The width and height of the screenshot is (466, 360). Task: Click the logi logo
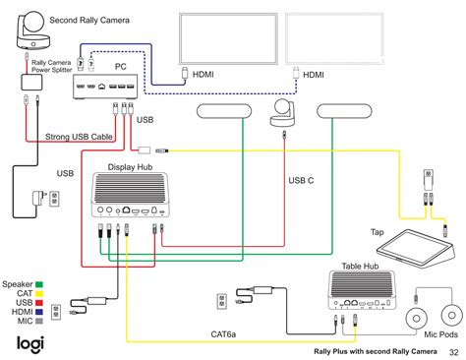tap(29, 342)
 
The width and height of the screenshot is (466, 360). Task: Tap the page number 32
tap(453, 351)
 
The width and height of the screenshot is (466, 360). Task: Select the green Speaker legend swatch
tap(40, 255)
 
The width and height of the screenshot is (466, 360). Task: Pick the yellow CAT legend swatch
tap(40, 267)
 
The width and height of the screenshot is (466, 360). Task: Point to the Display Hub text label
tap(131, 166)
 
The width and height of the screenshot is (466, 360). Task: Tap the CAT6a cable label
tap(223, 333)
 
